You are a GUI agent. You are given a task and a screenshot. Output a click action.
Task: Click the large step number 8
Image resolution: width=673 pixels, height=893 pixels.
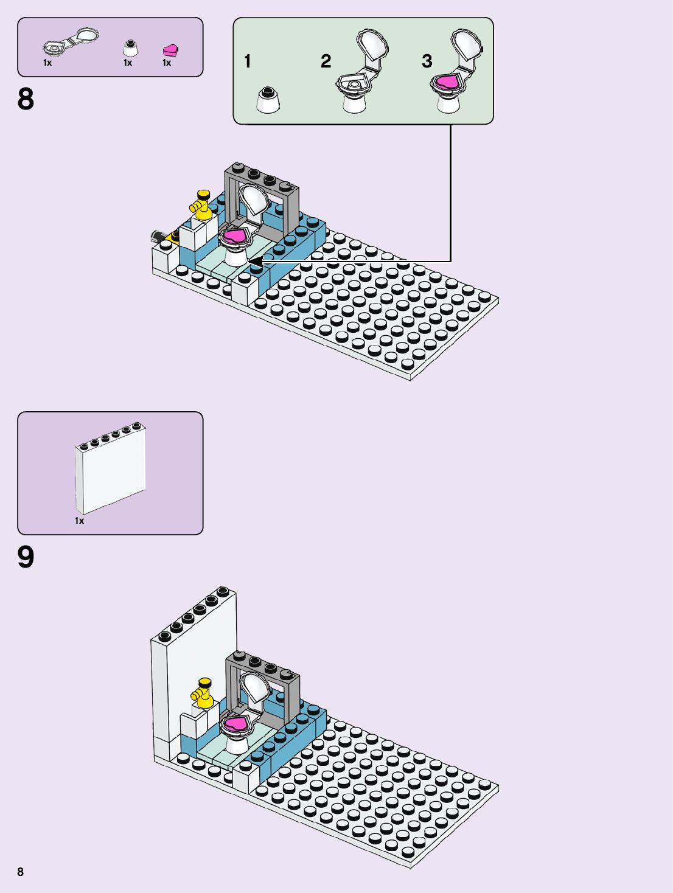pos(26,99)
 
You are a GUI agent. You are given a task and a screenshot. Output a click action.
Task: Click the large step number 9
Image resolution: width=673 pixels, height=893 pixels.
pos(26,557)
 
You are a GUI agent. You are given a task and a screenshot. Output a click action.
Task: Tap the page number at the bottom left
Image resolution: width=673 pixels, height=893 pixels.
pos(20,872)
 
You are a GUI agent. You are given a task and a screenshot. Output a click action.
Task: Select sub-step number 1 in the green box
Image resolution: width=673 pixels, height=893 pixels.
pos(247,61)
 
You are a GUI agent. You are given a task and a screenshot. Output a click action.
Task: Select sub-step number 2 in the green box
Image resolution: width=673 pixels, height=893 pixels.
pos(326,61)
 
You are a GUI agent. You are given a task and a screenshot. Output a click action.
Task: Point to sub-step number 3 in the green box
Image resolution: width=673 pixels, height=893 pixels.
pos(427,61)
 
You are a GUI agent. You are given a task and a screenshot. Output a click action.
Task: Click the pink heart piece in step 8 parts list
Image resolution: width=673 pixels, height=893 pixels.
pos(170,50)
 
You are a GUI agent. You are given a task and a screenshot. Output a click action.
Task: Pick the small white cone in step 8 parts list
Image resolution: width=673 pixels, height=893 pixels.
pos(130,48)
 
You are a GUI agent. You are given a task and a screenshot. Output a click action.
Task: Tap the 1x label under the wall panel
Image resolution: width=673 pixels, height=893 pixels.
pos(80,521)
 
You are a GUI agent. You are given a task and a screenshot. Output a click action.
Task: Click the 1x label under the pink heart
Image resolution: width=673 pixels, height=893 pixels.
pos(167,63)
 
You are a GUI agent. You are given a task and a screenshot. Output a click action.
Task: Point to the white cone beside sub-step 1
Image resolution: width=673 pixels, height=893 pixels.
pos(268,101)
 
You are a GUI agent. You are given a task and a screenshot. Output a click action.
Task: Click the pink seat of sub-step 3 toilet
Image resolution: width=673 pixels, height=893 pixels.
pos(447,82)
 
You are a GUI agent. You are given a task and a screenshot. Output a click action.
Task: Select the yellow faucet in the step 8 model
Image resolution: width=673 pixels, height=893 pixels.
pos(203,204)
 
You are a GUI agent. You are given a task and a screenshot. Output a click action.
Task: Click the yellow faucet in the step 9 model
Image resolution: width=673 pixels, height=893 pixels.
pos(203,692)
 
